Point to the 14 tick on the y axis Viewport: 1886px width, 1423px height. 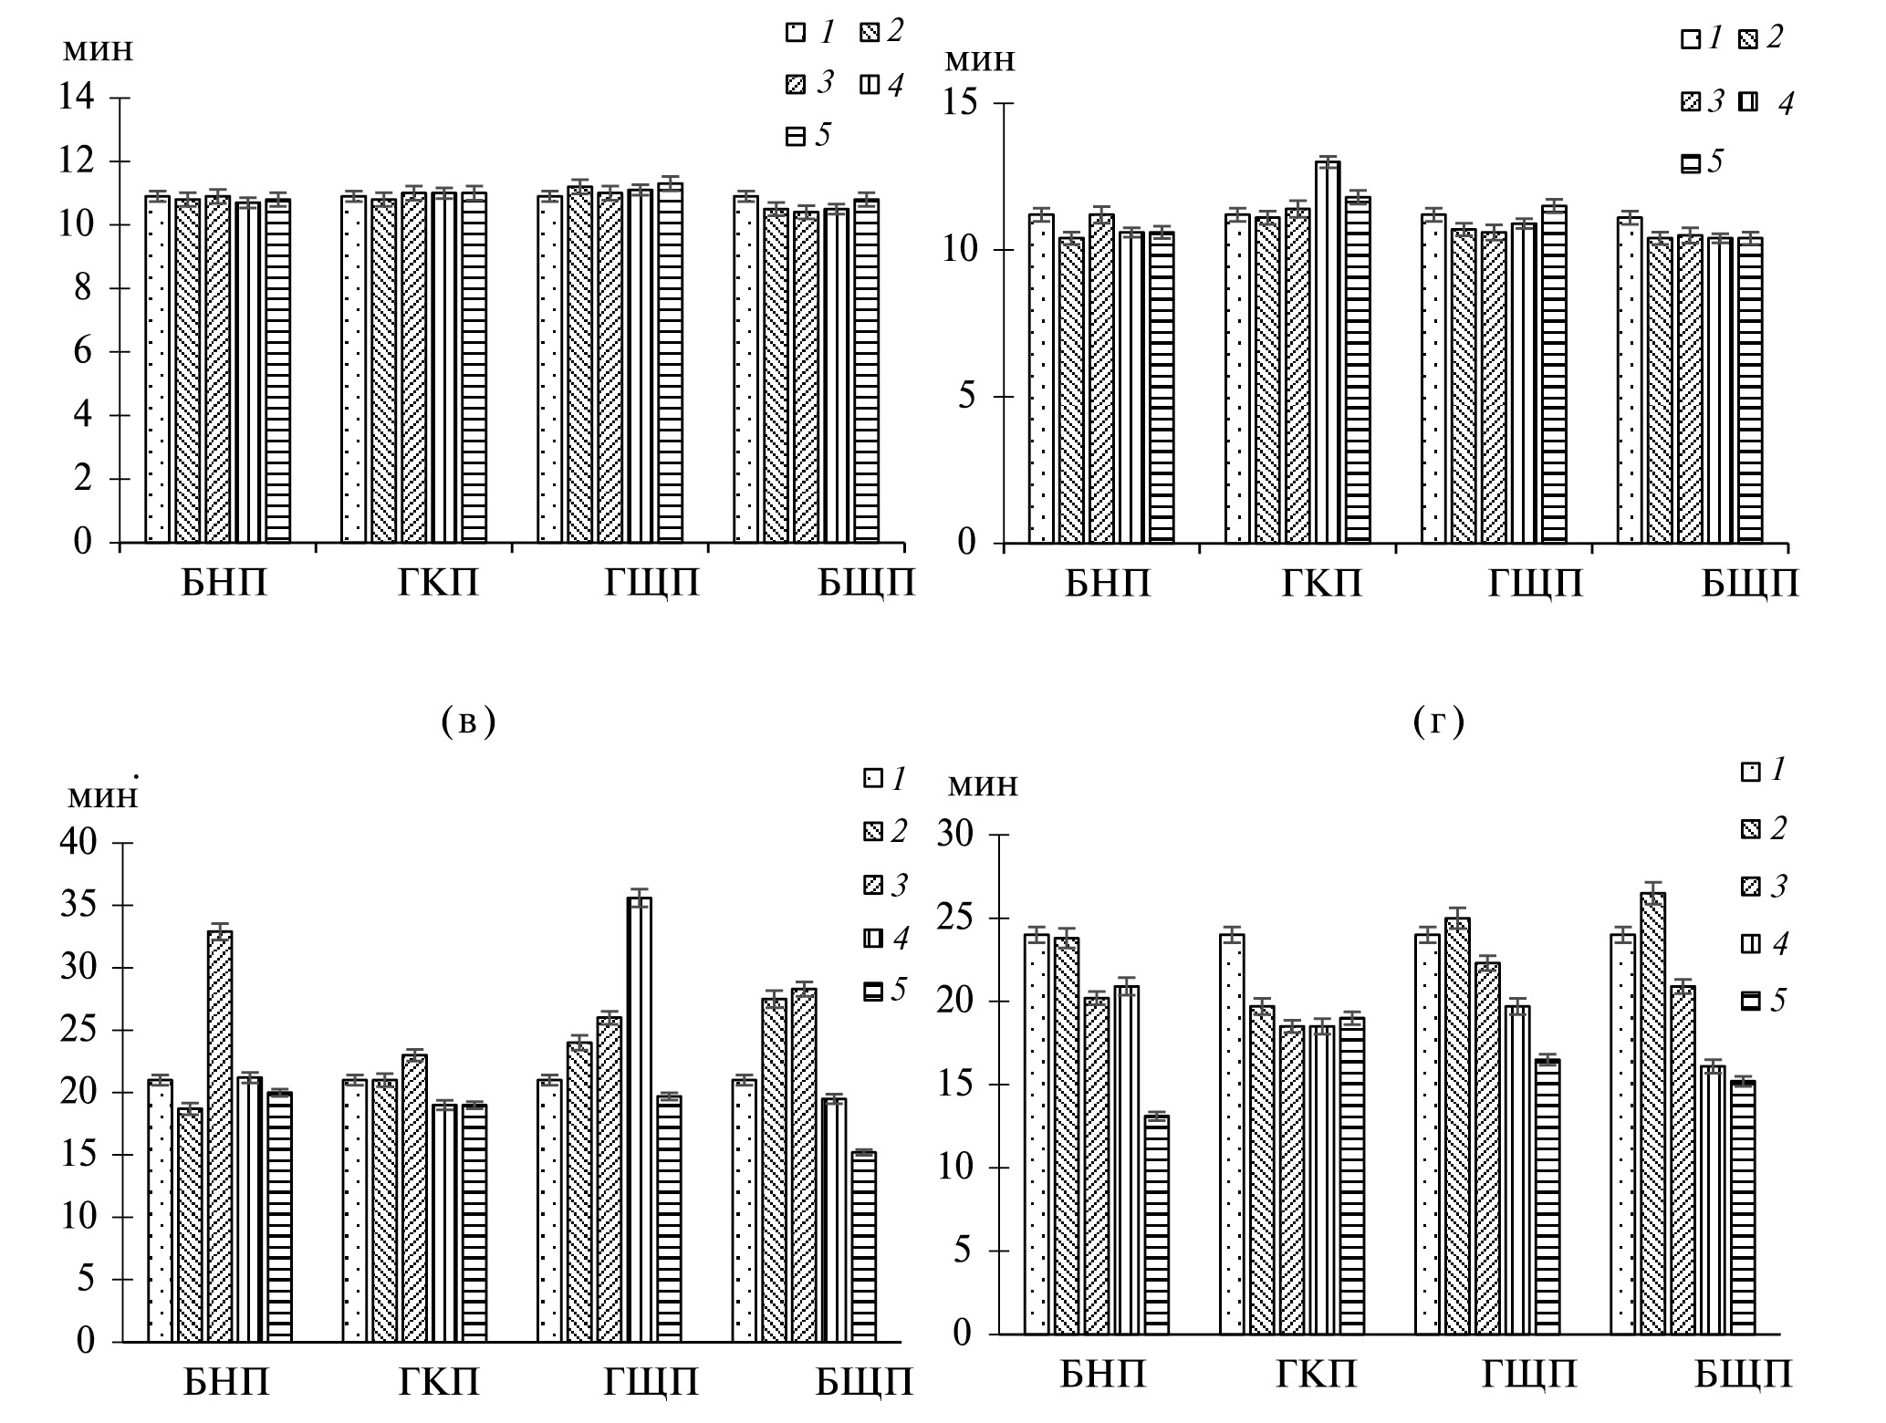(x=76, y=98)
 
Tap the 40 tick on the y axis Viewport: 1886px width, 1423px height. (x=78, y=843)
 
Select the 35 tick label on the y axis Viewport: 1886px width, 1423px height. (x=78, y=906)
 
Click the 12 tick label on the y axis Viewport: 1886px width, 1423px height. (x=76, y=161)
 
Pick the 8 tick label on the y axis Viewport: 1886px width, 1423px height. (x=83, y=288)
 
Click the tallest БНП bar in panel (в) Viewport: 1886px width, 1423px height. (x=220, y=1136)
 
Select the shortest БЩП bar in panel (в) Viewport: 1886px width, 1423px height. (x=864, y=1247)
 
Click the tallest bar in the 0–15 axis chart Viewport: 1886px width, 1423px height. (x=1328, y=352)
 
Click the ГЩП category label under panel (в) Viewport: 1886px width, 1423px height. (x=651, y=1383)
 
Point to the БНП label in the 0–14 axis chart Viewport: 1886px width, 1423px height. (x=224, y=582)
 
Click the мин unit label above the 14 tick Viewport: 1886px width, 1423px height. (x=98, y=49)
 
